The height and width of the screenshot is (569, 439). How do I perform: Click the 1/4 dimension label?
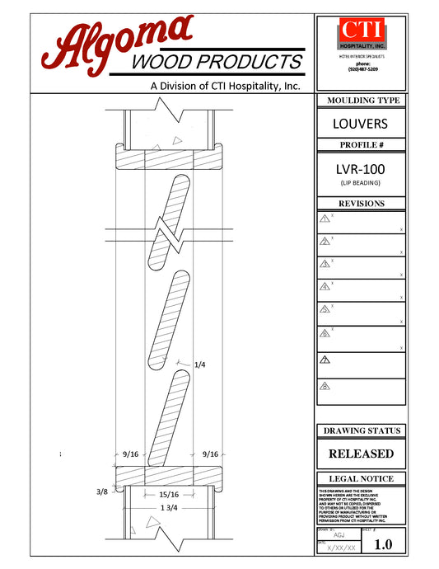coord(199,364)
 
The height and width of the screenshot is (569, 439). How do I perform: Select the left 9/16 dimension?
coord(129,454)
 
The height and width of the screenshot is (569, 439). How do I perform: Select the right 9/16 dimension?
coord(209,454)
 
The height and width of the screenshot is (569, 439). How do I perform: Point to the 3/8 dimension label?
coord(102,491)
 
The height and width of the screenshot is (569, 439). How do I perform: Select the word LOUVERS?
coord(361,125)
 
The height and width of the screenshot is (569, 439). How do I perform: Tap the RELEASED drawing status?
coord(361,454)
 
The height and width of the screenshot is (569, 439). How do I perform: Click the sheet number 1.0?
coord(383,545)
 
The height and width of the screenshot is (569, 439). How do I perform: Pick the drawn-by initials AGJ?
coord(339,535)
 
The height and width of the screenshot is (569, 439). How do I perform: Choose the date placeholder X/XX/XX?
coord(341,548)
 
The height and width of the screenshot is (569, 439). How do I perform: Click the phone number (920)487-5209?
coord(362,69)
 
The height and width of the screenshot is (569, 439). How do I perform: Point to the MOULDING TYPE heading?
coord(361,101)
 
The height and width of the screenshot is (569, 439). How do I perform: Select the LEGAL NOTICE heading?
coord(361,478)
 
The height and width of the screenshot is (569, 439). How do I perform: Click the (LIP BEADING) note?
coord(361,182)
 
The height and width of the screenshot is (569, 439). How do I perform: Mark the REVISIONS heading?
coord(361,204)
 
